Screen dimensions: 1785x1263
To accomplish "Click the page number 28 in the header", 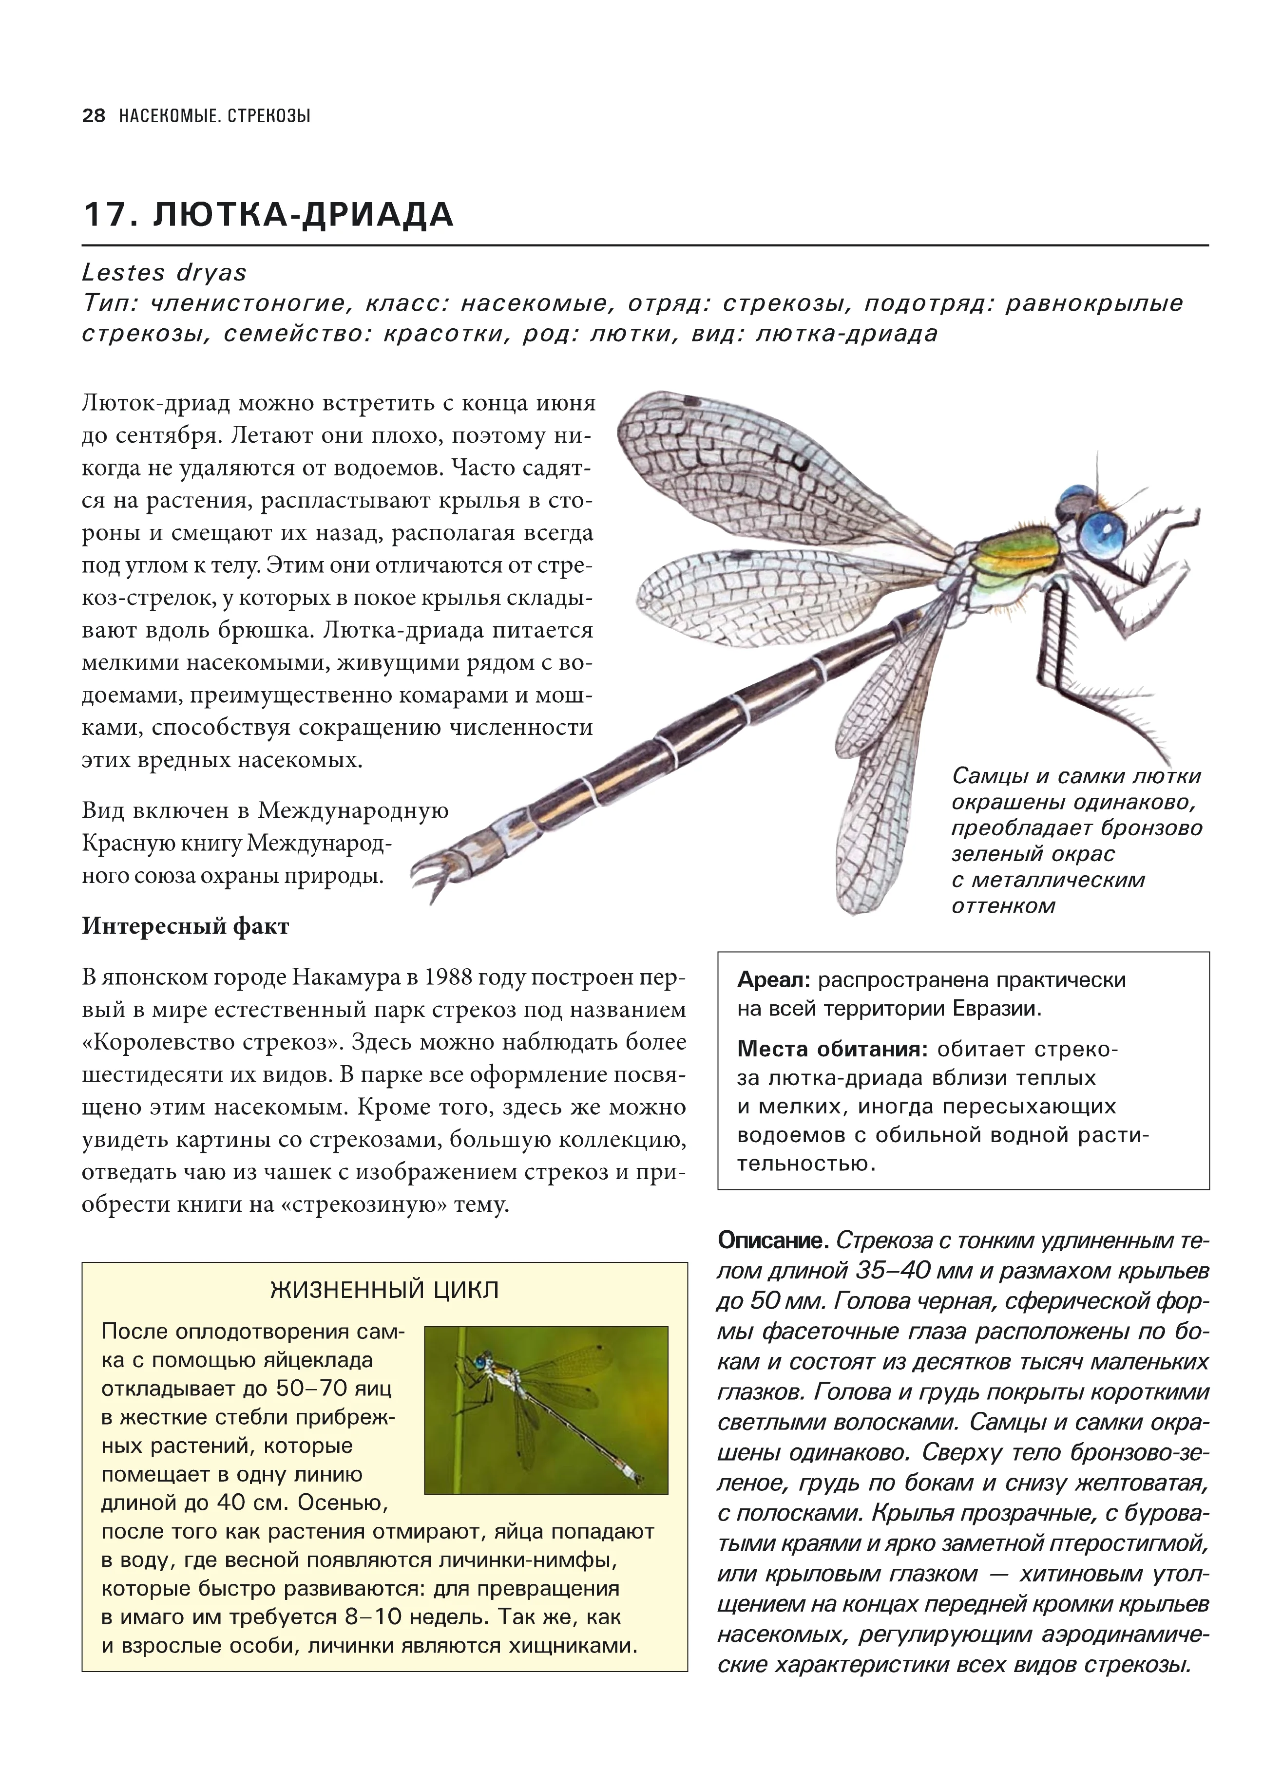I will pyautogui.click(x=94, y=116).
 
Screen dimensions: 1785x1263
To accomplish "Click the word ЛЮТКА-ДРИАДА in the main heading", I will pyautogui.click(x=303, y=215).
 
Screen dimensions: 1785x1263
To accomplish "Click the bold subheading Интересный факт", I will pyautogui.click(x=185, y=927).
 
